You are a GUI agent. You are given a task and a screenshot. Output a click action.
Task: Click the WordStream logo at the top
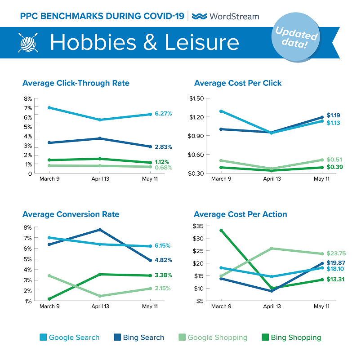click(225, 16)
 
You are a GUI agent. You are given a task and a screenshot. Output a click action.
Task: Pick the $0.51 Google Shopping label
click(334, 159)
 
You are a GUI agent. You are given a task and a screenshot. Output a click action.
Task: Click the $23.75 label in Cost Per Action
click(336, 253)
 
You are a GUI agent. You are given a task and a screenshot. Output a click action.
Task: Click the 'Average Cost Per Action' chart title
click(241, 214)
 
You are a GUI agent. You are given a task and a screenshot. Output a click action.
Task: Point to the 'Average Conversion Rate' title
click(71, 214)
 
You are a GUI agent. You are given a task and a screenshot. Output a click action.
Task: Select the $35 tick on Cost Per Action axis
click(199, 226)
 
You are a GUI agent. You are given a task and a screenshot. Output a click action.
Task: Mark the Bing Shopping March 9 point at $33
click(220, 231)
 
